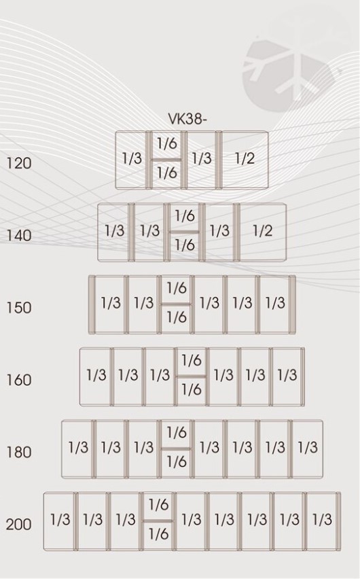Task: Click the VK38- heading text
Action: click(187, 119)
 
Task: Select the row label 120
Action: click(19, 163)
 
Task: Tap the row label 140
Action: click(19, 235)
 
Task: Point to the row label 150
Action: click(19, 307)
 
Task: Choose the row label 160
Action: click(19, 380)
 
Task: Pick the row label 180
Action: click(19, 452)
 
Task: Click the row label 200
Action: click(19, 524)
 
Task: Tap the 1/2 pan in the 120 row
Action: click(245, 160)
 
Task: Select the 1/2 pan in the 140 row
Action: click(262, 232)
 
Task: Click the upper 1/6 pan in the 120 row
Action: click(167, 145)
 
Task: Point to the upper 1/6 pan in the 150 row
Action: click(176, 289)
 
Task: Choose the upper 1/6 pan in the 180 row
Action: click(176, 434)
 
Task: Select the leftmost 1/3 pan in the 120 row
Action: click(131, 160)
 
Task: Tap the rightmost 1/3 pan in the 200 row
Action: click(323, 521)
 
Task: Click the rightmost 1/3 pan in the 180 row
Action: click(307, 449)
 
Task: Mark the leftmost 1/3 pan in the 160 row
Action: click(96, 376)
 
